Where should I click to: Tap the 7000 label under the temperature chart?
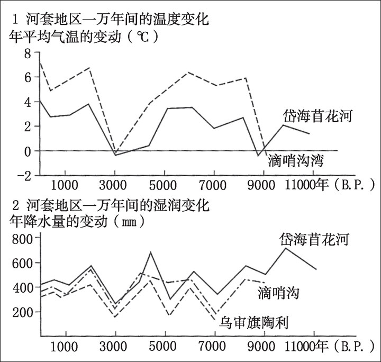[x=214, y=185]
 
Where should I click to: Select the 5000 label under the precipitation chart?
[x=164, y=349]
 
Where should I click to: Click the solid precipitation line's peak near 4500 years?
[x=151, y=252]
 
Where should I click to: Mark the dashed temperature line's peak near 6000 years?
[x=188, y=72]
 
